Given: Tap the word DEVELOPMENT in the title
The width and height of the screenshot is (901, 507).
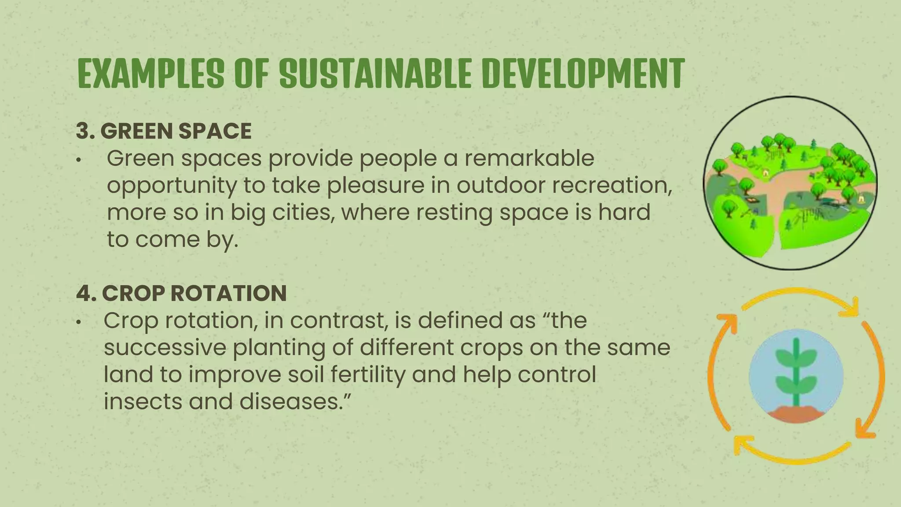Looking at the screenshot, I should pyautogui.click(x=583, y=73).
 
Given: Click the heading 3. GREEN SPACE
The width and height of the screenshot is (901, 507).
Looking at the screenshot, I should pyautogui.click(x=164, y=131).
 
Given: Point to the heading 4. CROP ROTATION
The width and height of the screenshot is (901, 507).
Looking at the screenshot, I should pyautogui.click(x=181, y=293).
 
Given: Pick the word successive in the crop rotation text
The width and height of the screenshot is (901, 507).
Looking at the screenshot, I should pyautogui.click(x=165, y=348).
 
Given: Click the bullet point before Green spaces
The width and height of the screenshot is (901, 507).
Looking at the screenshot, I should pyautogui.click(x=78, y=160).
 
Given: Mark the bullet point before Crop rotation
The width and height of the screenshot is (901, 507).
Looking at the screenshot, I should pyautogui.click(x=78, y=322).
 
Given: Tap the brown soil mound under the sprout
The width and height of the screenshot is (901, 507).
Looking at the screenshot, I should pyautogui.click(x=796, y=412).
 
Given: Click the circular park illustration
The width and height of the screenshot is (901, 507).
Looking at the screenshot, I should pyautogui.click(x=790, y=183).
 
